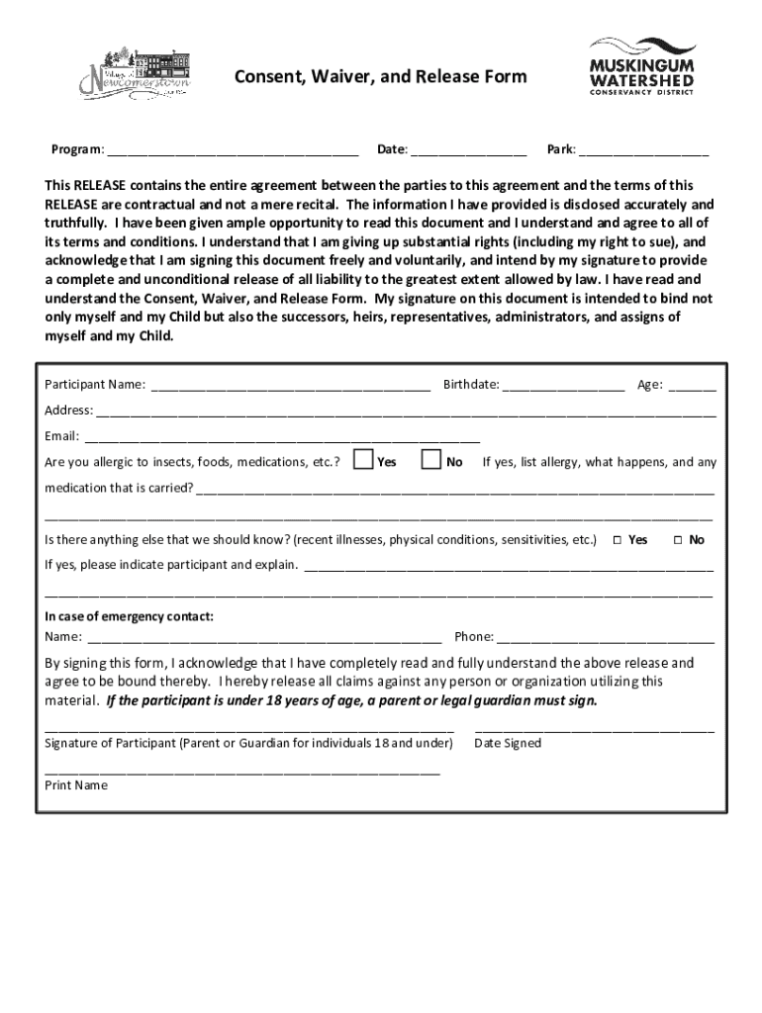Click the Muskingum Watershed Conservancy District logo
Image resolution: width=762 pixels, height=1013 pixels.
[641, 66]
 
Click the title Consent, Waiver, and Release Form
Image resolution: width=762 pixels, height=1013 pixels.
[380, 77]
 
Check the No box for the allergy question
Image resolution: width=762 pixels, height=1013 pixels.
[431, 460]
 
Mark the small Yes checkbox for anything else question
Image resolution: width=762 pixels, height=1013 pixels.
[617, 540]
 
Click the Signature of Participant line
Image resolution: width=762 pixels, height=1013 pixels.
[249, 730]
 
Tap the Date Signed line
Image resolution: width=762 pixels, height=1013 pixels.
[594, 730]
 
